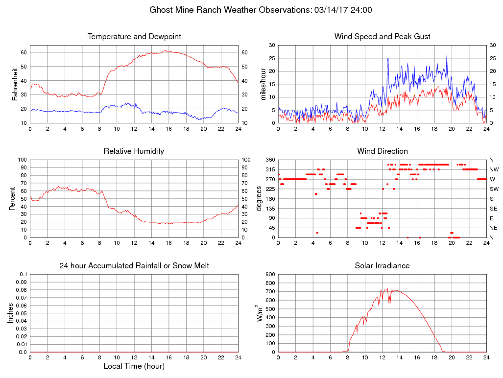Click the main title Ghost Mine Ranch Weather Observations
[x=260, y=10]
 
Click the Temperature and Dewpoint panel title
[x=134, y=37]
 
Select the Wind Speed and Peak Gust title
[x=382, y=37]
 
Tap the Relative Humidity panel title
[x=134, y=151]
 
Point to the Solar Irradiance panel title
[x=382, y=266]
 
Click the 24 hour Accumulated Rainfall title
[x=134, y=266]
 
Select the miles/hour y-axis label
[x=263, y=84]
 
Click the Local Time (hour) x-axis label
[x=134, y=366]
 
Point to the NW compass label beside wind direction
[x=494, y=169]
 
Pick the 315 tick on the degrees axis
[x=269, y=169]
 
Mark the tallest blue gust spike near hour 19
[x=447, y=56]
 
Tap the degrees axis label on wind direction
[x=259, y=198]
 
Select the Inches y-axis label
[x=11, y=313]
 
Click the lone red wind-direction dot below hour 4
[x=317, y=233]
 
